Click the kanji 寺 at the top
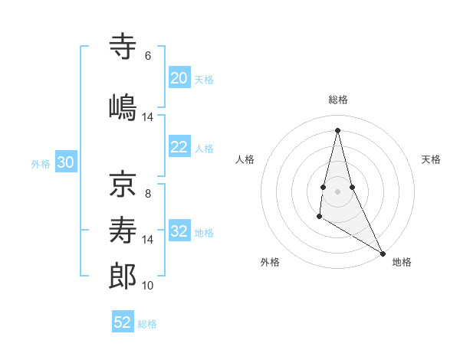[123, 46]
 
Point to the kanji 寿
[123, 228]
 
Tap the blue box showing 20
[179, 78]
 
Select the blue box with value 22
[179, 147]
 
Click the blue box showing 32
[179, 231]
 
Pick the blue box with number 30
[66, 162]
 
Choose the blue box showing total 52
[123, 322]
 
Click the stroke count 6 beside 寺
[148, 56]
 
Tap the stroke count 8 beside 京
[148, 193]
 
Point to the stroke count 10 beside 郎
[148, 286]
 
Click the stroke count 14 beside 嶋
[148, 117]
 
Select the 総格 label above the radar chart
[338, 100]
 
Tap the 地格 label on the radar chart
[402, 262]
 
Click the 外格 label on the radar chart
[270, 262]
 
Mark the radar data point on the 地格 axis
[383, 253]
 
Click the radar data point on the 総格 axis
[337, 129]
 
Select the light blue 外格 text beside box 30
[41, 163]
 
